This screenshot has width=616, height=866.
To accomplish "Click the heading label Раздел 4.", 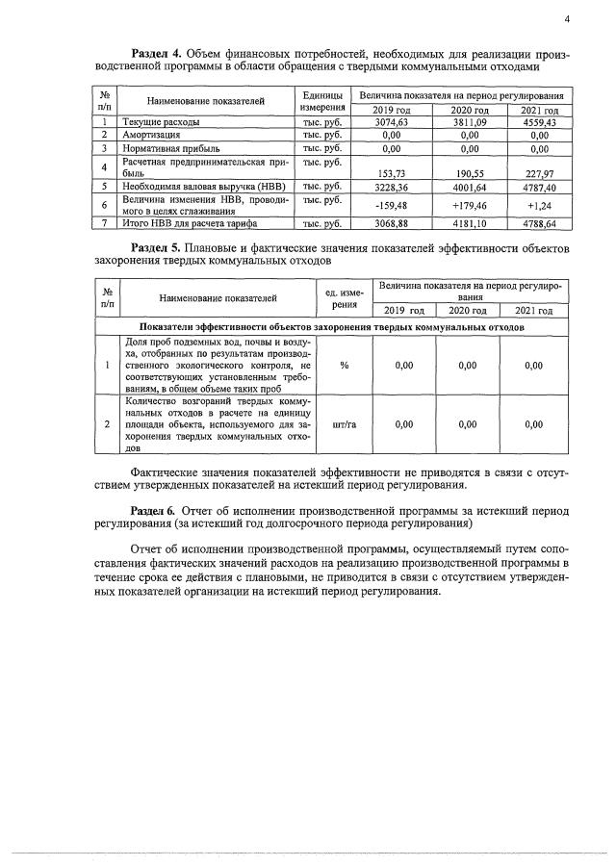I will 155,52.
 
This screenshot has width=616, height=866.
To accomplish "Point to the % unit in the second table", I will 344,366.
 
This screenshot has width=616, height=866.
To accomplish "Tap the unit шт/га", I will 344,423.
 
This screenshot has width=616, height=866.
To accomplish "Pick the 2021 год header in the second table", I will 533,311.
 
